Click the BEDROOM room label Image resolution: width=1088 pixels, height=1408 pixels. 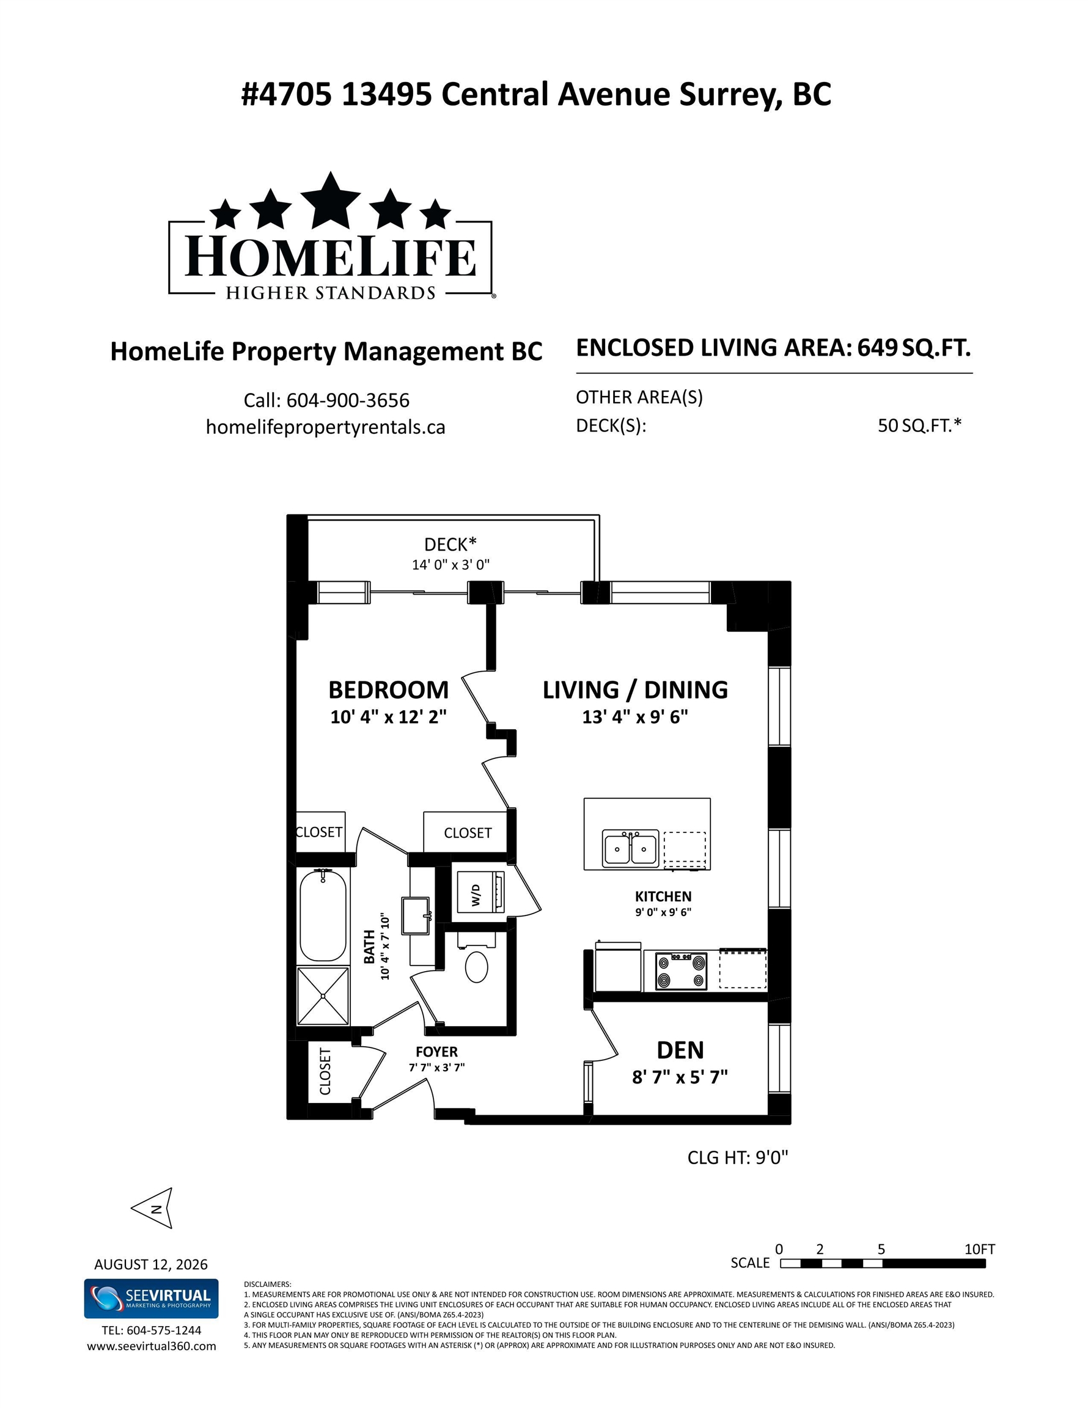[x=388, y=690]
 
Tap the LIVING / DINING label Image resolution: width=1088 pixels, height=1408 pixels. [x=635, y=690]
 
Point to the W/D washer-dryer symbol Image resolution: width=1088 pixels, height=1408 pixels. [x=480, y=892]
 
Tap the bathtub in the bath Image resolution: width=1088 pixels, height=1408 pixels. [x=323, y=916]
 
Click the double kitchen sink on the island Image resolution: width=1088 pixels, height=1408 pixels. [x=631, y=848]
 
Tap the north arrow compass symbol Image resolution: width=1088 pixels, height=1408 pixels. [x=152, y=1208]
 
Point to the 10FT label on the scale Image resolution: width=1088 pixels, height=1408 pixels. [x=980, y=1248]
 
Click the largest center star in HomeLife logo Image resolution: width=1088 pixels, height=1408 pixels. [x=331, y=200]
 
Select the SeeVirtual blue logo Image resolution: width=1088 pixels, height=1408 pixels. [x=152, y=1299]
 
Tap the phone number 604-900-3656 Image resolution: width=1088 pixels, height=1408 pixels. [x=348, y=400]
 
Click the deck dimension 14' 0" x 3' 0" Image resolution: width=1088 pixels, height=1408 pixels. [x=451, y=565]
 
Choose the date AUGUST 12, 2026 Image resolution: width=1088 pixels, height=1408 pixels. [x=151, y=1264]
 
